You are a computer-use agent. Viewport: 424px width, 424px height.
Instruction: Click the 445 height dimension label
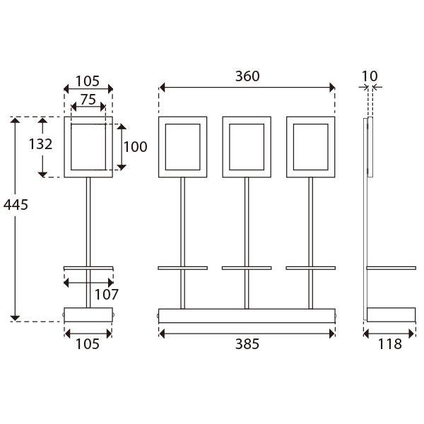pos(16,205)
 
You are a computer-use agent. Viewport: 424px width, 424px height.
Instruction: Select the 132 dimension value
pos(40,144)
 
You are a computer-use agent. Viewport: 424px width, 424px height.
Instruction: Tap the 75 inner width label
pos(88,100)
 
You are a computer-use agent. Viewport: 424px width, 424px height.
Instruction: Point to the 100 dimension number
pos(135,147)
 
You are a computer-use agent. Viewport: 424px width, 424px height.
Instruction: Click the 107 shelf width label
pos(107,295)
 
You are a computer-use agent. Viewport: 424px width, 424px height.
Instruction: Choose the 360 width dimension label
pos(247,76)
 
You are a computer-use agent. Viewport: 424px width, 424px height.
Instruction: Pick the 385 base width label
pos(247,344)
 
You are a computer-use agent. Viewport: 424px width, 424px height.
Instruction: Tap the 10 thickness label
pos(370,76)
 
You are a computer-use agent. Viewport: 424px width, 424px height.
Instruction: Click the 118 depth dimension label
pos(389,344)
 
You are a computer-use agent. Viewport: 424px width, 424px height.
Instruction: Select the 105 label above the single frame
pos(88,81)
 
